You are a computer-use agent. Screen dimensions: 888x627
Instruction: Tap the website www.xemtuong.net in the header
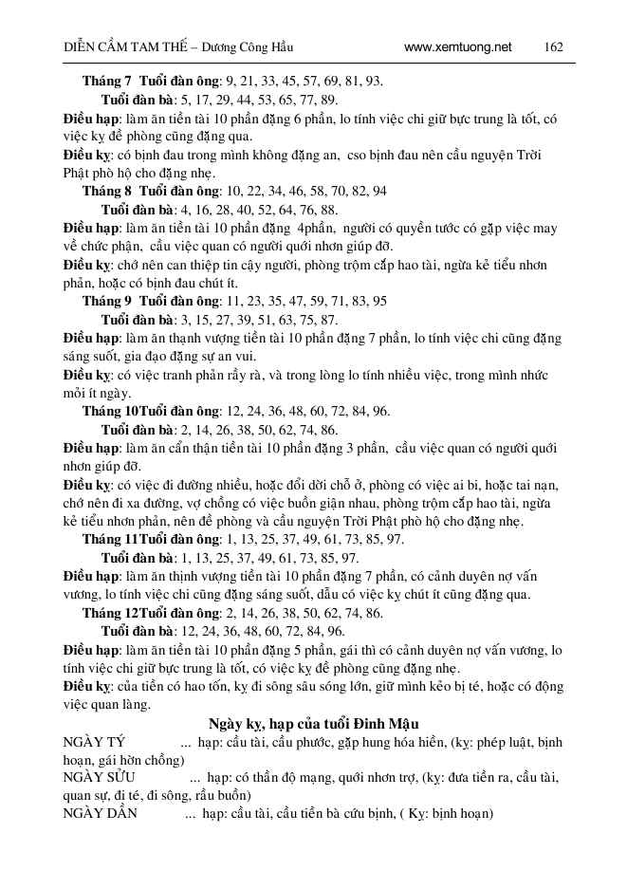point(457,46)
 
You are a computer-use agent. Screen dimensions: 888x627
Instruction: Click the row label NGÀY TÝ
point(88,742)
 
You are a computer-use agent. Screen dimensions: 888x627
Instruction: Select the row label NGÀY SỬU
point(93,778)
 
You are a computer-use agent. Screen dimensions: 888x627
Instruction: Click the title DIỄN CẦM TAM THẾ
point(96,46)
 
